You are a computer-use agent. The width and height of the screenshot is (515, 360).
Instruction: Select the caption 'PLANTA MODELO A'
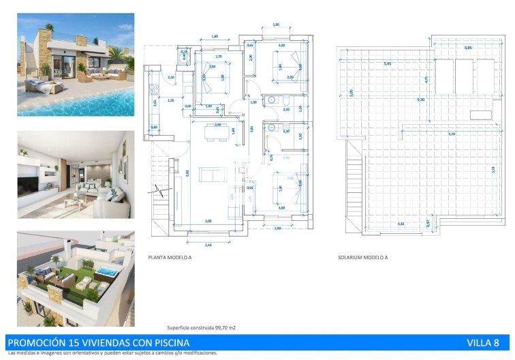[x=170, y=258]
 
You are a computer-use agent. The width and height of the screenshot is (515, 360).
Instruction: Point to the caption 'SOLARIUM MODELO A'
[x=362, y=258]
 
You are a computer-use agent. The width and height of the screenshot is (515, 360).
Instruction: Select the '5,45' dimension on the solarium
[x=387, y=63]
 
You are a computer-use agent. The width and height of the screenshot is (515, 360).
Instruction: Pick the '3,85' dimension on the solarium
[x=468, y=48]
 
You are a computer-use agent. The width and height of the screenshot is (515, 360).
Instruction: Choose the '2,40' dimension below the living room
[x=208, y=243]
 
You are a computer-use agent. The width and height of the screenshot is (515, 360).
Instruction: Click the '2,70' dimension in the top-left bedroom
[x=218, y=57]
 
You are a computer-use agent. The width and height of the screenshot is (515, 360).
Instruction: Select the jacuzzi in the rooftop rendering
[x=105, y=272]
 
